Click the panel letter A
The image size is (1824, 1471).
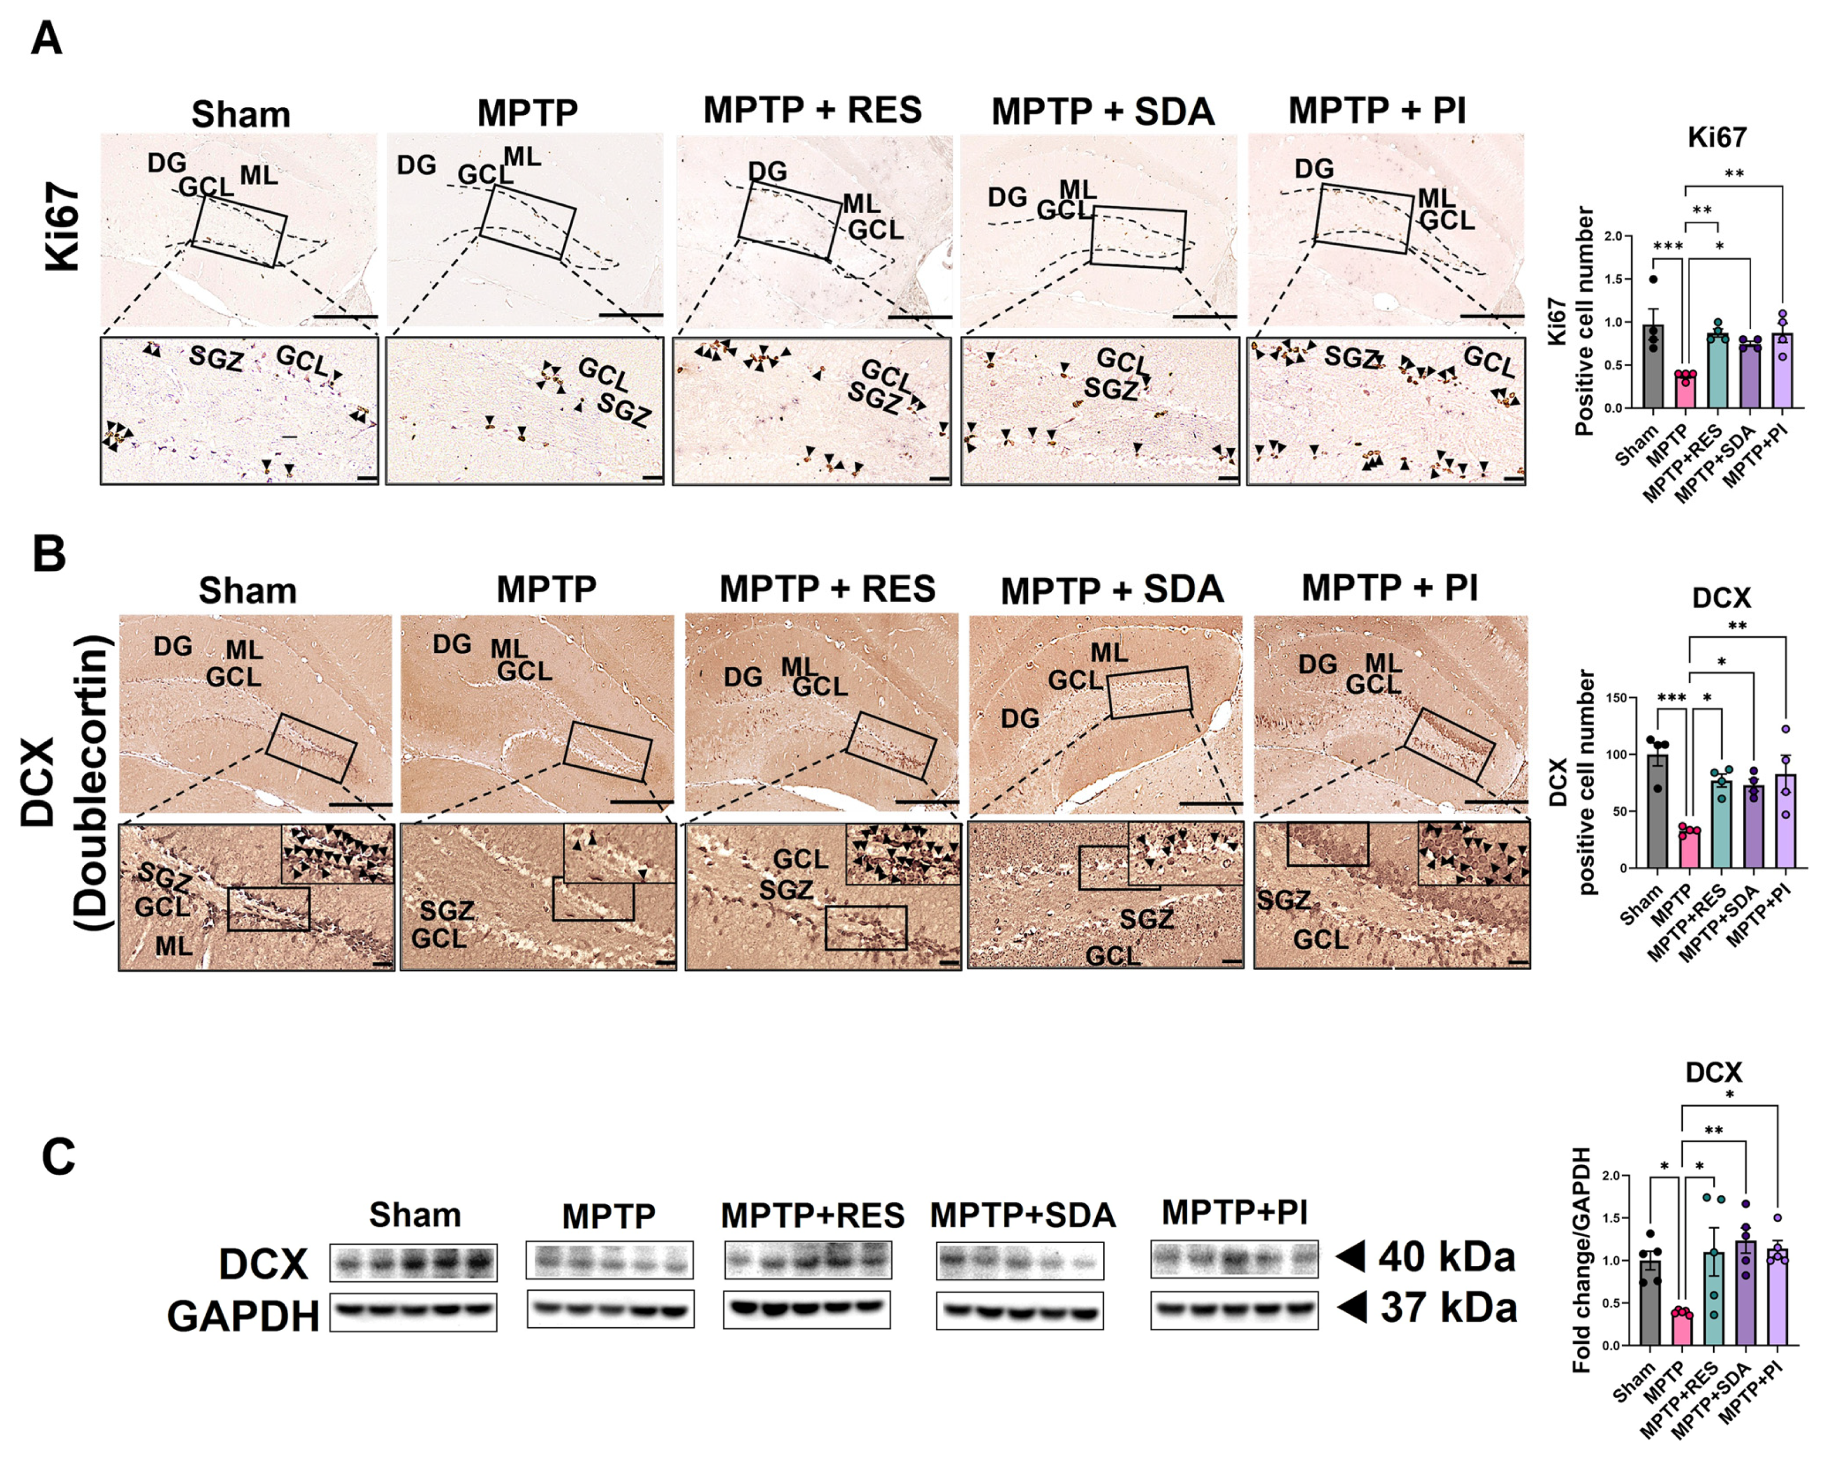[x=46, y=38]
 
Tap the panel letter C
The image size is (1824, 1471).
[x=59, y=1157]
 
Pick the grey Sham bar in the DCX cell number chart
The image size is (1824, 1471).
[x=1657, y=811]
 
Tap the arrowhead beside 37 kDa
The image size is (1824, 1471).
[x=1352, y=1308]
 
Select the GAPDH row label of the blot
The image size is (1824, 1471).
[x=243, y=1317]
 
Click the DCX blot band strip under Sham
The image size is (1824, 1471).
[x=413, y=1263]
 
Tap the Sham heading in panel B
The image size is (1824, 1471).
[x=247, y=591]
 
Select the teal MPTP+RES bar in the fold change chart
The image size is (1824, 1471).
[x=1713, y=1298]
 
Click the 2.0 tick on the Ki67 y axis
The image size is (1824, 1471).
[x=1623, y=237]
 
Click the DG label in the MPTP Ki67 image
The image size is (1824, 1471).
[x=417, y=165]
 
